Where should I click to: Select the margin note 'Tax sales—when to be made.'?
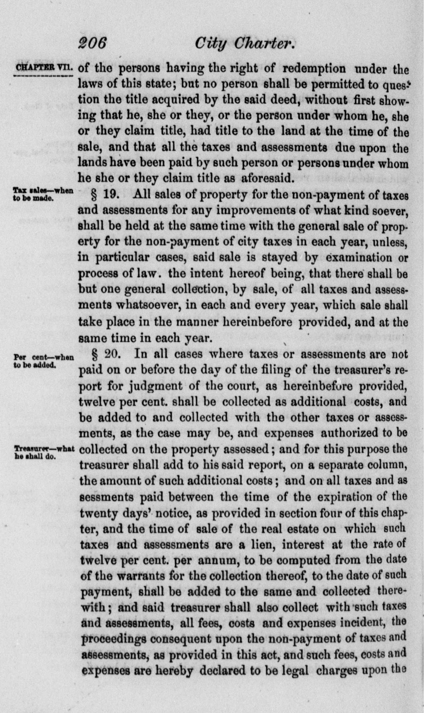coord(43,193)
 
